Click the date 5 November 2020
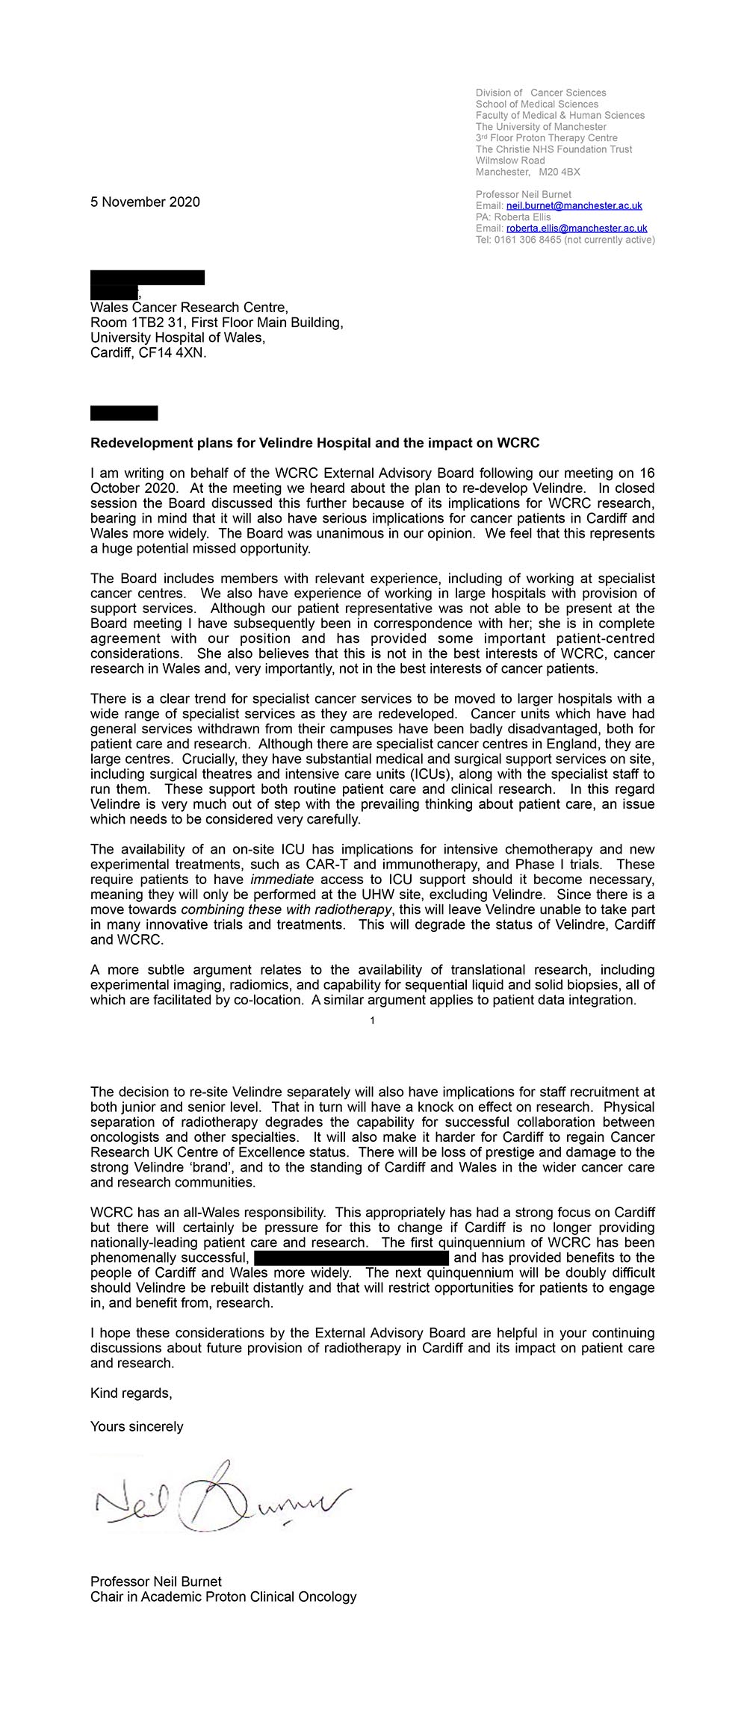point(145,202)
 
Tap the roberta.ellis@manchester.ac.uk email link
point(577,228)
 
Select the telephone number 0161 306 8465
point(527,240)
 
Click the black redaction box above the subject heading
point(124,413)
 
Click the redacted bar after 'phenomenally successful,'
point(350,1257)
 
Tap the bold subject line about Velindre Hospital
point(314,443)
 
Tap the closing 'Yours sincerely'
point(137,1426)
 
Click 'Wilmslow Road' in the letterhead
point(510,161)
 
